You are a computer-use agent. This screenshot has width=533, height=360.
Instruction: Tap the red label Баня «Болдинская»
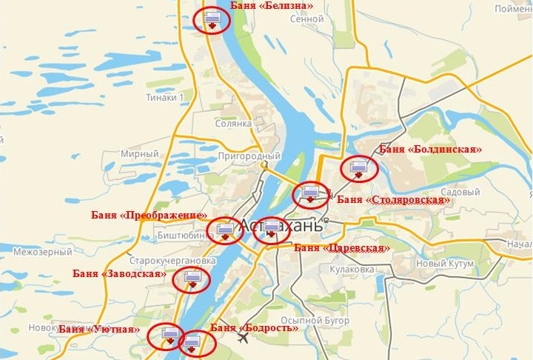tap(430, 149)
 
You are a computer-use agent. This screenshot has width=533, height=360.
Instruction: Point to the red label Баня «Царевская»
tap(341, 247)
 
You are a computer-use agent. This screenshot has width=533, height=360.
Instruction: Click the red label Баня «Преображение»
tap(148, 215)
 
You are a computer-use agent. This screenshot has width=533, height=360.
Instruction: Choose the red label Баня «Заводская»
tap(118, 273)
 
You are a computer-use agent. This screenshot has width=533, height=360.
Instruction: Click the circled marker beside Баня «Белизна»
tap(212, 20)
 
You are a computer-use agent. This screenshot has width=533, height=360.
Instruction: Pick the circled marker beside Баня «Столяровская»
tap(310, 195)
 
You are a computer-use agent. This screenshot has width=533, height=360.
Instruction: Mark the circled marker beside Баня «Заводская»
tap(192, 280)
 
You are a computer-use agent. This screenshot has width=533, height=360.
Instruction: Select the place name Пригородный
tap(249, 156)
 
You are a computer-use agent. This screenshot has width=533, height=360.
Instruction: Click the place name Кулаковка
tap(352, 270)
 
